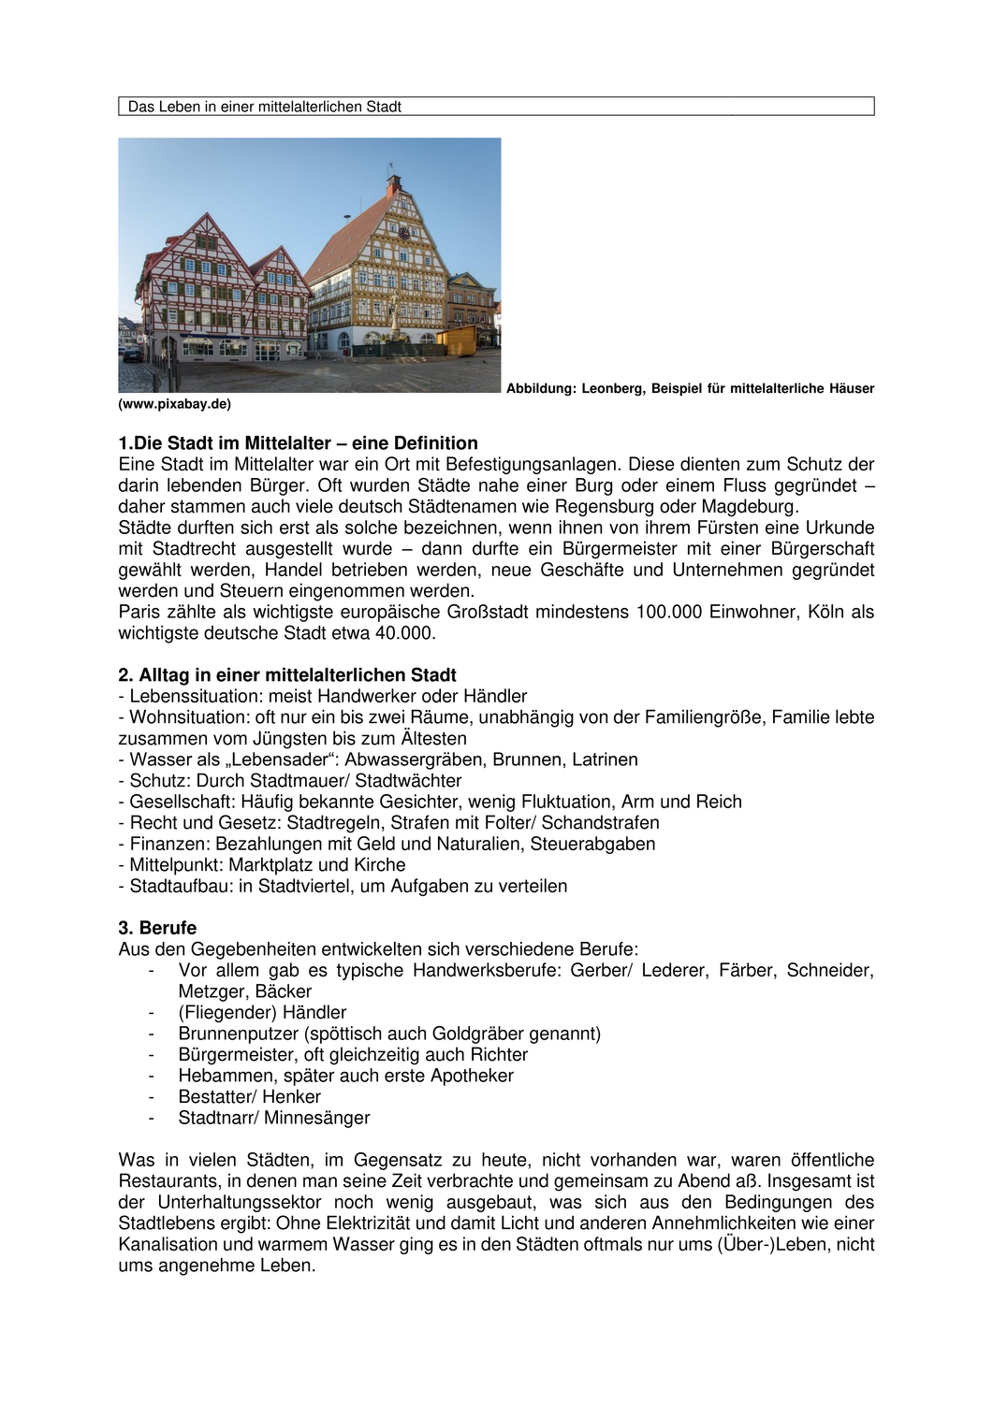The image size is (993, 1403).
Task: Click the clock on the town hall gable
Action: [403, 233]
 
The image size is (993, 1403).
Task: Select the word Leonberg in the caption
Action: [612, 388]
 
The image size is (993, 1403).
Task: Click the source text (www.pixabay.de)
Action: [175, 404]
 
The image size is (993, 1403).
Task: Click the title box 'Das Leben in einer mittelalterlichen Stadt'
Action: [496, 107]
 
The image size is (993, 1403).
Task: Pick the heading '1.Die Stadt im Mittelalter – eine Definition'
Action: [299, 443]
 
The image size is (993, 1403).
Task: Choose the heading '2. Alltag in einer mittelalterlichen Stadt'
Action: [287, 675]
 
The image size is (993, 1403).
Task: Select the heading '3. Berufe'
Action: [157, 928]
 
